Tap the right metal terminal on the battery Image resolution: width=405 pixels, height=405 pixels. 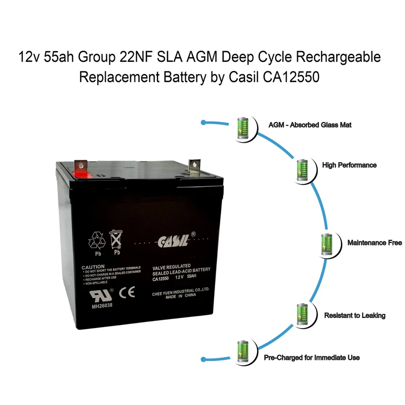click(194, 167)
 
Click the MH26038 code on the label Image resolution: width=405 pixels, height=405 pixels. click(103, 305)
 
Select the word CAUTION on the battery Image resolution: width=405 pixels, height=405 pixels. click(93, 266)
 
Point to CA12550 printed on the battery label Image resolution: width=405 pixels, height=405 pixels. click(161, 277)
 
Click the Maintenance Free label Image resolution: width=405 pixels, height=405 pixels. click(374, 243)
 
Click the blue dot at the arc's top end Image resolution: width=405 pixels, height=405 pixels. click(203, 123)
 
